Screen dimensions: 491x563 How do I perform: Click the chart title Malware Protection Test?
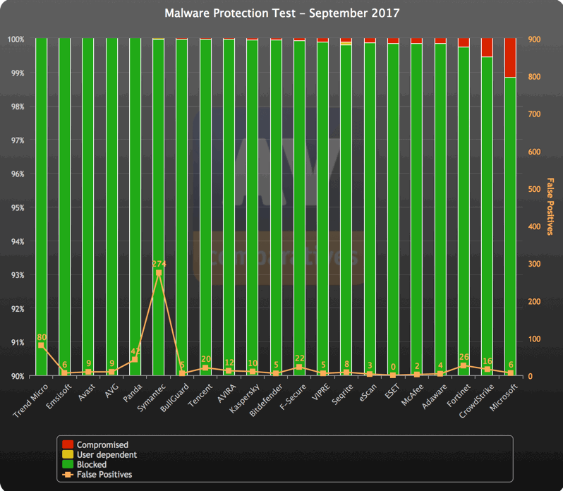pyautogui.click(x=281, y=13)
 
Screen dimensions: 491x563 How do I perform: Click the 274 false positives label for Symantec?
pyautogui.click(x=159, y=264)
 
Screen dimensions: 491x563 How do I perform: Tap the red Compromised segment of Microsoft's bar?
pyautogui.click(x=510, y=58)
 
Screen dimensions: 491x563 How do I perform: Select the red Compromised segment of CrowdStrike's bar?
pyautogui.click(x=487, y=47)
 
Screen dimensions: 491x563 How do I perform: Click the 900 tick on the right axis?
pyautogui.click(x=533, y=40)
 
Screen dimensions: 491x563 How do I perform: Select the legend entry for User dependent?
pyautogui.click(x=102, y=455)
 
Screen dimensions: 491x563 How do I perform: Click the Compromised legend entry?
pyautogui.click(x=102, y=445)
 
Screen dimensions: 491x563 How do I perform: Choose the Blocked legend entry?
pyautogui.click(x=92, y=465)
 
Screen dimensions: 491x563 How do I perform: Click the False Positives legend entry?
pyautogui.click(x=104, y=475)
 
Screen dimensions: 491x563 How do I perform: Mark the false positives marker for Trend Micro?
pyautogui.click(x=41, y=346)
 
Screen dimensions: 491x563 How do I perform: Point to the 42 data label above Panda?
pyautogui.click(x=135, y=351)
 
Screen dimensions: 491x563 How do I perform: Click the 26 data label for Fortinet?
pyautogui.click(x=464, y=357)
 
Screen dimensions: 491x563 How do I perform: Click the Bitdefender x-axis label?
pyautogui.click(x=265, y=401)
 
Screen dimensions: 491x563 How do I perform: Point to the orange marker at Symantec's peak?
pyautogui.click(x=159, y=273)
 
